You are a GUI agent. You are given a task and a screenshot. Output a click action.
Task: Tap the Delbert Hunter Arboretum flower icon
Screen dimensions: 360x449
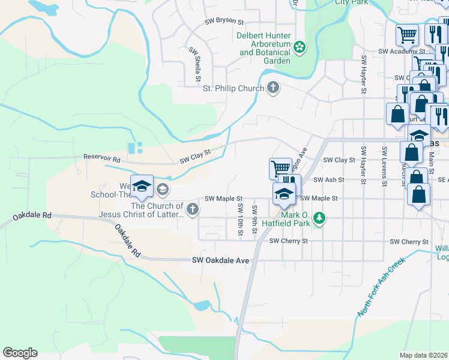pyautogui.click(x=299, y=47)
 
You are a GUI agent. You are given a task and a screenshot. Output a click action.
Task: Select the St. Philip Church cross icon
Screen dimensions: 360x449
pyautogui.click(x=273, y=88)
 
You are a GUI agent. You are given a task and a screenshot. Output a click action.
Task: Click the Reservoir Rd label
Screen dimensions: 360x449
pyautogui.click(x=101, y=157)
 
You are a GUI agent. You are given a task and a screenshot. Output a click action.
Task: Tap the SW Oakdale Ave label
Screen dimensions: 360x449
pyautogui.click(x=220, y=260)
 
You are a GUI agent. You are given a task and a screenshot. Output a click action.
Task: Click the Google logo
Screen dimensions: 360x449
pyautogui.click(x=20, y=353)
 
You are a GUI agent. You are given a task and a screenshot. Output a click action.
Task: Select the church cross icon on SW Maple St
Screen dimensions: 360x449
pyautogui.click(x=192, y=209)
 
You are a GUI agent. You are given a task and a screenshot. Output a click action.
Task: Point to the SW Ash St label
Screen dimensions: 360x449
pyautogui.click(x=333, y=179)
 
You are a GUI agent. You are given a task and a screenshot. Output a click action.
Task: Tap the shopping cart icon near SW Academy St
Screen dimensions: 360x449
pyautogui.click(x=407, y=35)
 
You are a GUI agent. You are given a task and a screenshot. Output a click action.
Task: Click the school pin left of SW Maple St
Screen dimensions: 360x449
pyautogui.click(x=142, y=187)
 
